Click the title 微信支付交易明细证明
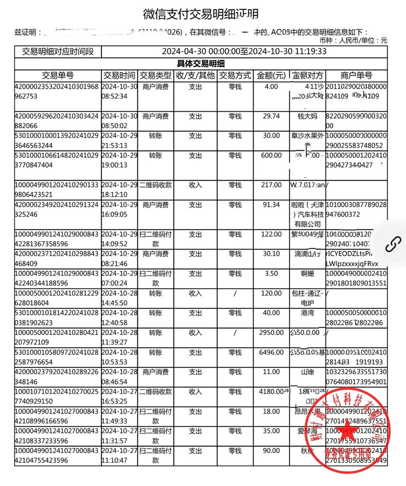tap(200, 14)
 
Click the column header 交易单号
tap(58, 76)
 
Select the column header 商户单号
tap(356, 76)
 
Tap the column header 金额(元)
tap(271, 76)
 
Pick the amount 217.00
tap(271, 185)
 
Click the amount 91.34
tap(271, 205)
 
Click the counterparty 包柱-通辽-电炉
tap(308, 298)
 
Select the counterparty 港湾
tap(308, 313)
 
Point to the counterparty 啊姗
tap(308, 274)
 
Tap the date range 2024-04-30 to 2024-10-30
tap(244, 52)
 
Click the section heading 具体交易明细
tap(200, 64)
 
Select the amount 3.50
tap(271, 274)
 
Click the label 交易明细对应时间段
tap(58, 52)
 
